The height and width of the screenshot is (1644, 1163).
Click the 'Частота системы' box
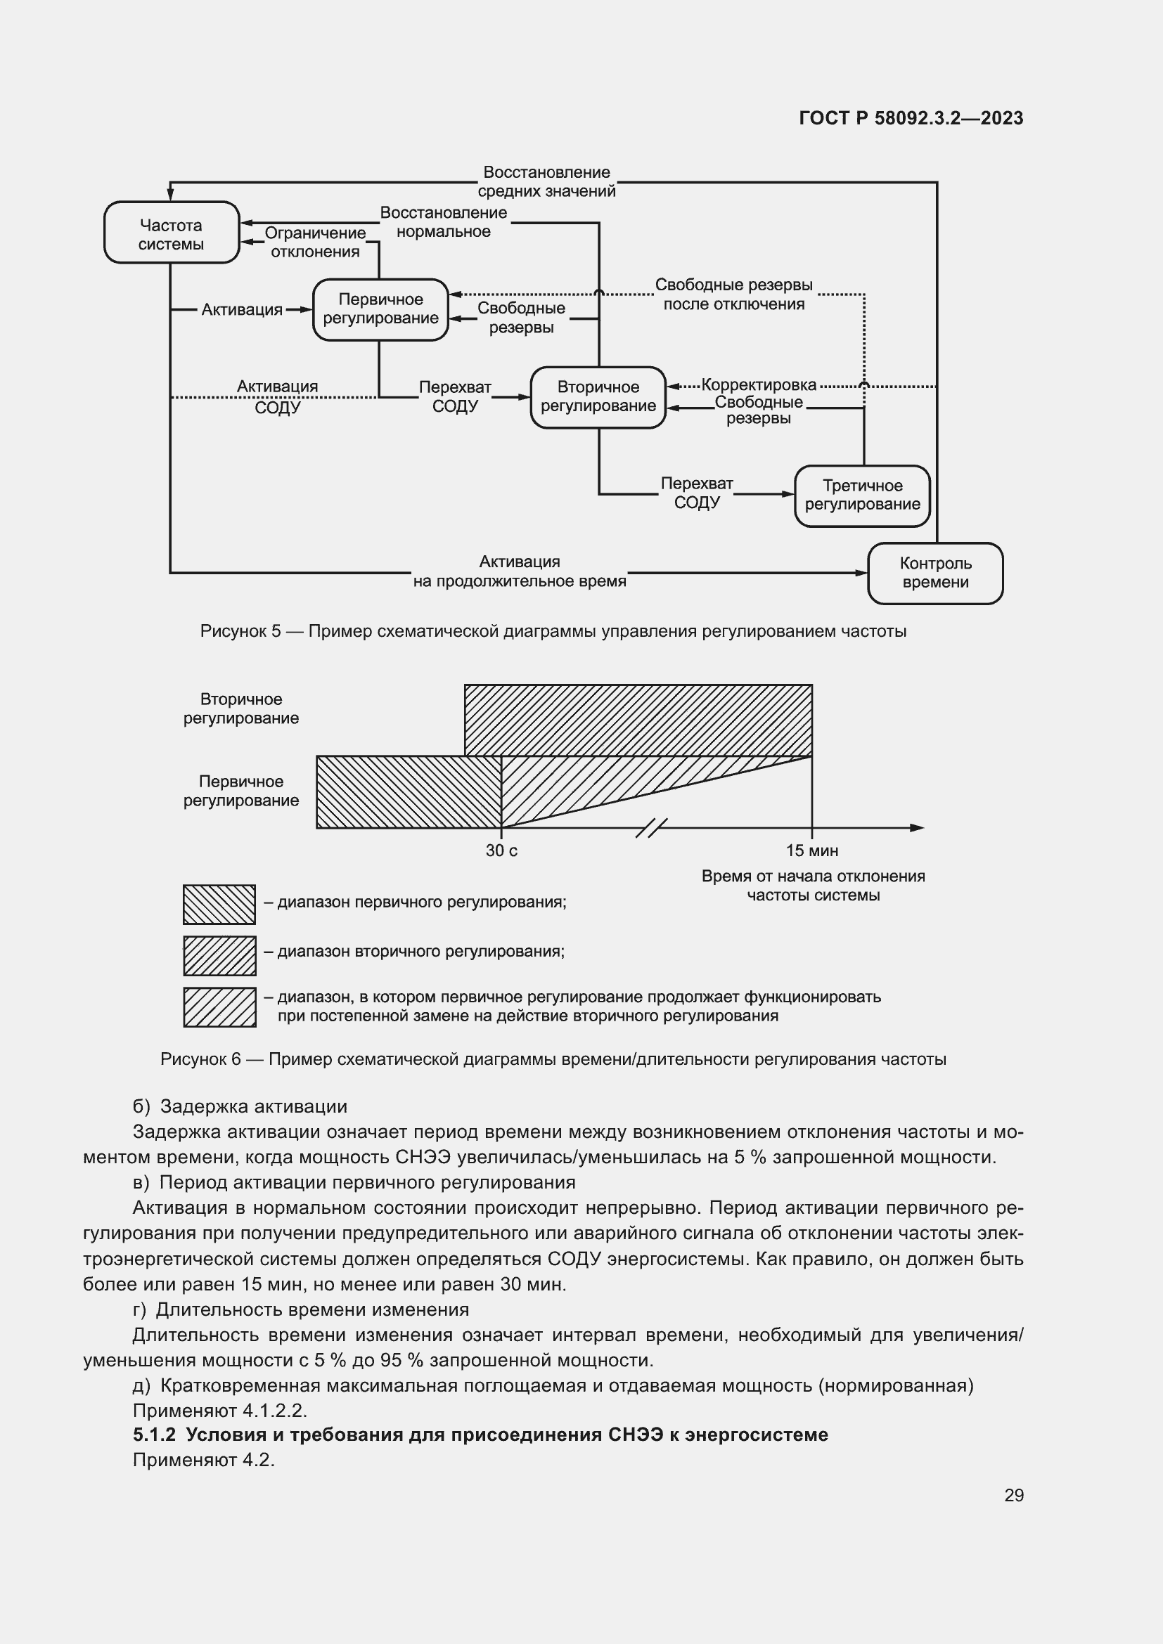click(x=171, y=233)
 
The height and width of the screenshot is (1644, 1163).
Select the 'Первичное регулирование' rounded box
click(x=380, y=309)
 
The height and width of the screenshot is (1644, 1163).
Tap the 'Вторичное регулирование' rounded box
click(x=598, y=396)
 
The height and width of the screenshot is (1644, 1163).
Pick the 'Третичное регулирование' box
click(x=862, y=496)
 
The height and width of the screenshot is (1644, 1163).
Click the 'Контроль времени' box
click(x=935, y=573)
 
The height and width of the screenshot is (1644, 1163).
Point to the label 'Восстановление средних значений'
click(x=546, y=182)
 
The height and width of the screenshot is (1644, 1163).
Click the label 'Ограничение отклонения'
click(x=315, y=242)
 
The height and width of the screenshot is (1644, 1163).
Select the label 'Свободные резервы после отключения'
click(x=733, y=295)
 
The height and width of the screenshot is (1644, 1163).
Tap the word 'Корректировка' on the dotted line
click(x=759, y=385)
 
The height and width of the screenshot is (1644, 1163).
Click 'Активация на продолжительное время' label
click(x=519, y=571)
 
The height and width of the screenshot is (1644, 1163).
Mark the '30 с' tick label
click(x=501, y=850)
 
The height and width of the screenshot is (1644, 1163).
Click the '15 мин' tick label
click(x=811, y=850)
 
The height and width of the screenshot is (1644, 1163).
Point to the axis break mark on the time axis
click(x=651, y=828)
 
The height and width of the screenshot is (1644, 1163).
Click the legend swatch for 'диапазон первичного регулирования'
click(x=219, y=905)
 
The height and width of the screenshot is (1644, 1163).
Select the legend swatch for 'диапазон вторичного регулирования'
click(x=219, y=955)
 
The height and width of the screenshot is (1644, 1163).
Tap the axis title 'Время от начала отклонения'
click(x=813, y=876)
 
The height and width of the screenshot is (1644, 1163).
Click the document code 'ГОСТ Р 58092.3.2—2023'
click(x=911, y=118)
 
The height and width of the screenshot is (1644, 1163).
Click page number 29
click(x=1013, y=1495)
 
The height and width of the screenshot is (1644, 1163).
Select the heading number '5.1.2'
click(x=154, y=1435)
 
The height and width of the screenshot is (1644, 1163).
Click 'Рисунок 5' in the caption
click(x=240, y=632)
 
